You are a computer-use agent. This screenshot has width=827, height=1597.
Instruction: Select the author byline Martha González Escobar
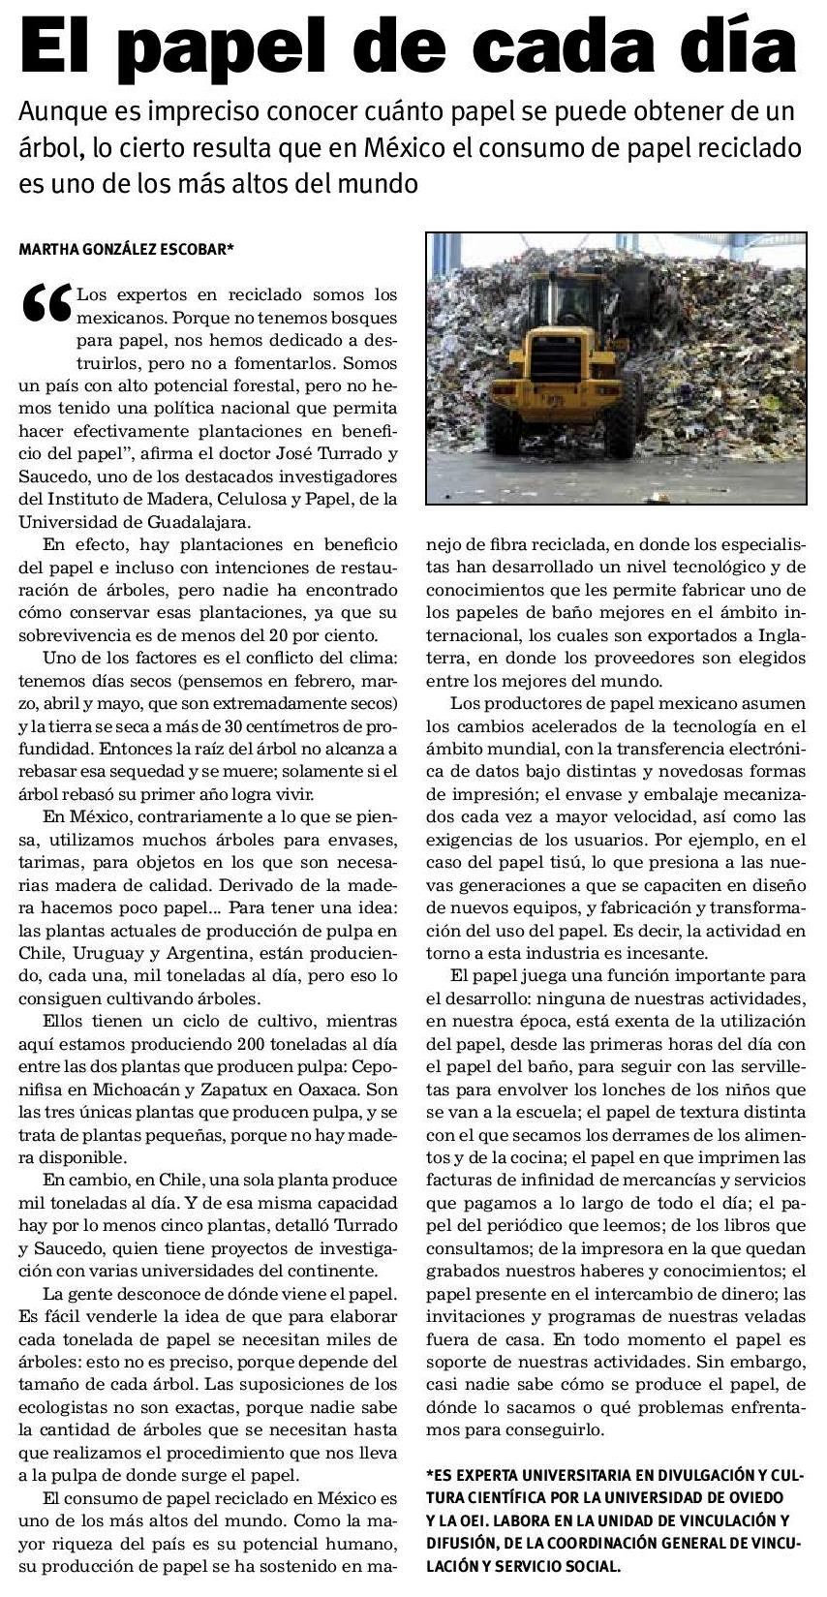point(127,249)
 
